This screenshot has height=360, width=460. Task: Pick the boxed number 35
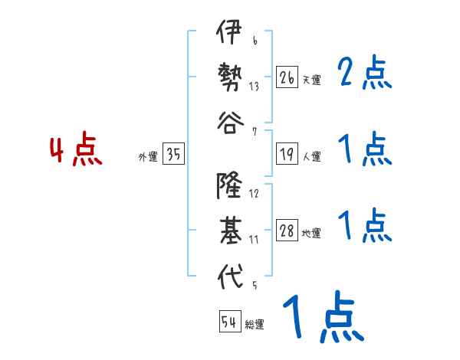tap(173, 155)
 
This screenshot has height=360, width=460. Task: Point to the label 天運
tap(311, 80)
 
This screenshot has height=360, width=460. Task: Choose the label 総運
tap(254, 325)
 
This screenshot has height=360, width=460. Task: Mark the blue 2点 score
tap(365, 74)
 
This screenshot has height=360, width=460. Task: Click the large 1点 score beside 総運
tap(322, 318)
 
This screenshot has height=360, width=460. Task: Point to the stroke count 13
tap(254, 86)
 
